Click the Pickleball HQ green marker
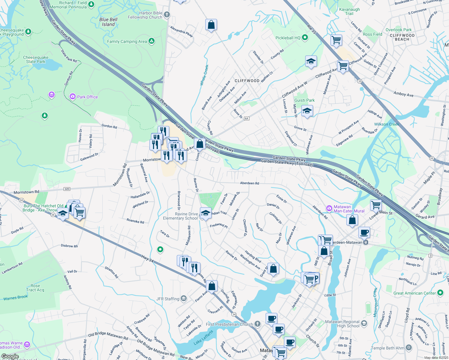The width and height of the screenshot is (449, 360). tap(305, 38)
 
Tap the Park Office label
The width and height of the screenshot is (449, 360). tap(87, 97)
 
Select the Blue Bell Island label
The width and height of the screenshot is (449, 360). tap(108, 22)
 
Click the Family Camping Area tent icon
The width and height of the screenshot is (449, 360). tap(152, 41)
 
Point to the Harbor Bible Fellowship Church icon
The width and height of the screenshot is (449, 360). tap(167, 14)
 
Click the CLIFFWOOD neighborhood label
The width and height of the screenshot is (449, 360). tap(247, 81)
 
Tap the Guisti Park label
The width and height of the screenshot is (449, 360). tap(304, 100)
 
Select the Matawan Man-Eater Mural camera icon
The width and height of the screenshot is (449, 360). tap(329, 208)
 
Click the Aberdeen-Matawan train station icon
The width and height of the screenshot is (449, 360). tap(366, 242)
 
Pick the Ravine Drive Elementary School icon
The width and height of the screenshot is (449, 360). tap(206, 214)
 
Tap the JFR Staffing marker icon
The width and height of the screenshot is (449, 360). tap(184, 298)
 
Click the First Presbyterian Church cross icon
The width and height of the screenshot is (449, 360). tap(258, 324)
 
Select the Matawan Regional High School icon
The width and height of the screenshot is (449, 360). tap(364, 323)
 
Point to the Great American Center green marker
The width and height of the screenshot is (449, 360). tap(440, 292)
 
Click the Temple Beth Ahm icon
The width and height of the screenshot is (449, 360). tap(409, 348)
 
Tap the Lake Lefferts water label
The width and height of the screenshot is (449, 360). tap(203, 337)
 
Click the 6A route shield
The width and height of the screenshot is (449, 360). tap(247, 118)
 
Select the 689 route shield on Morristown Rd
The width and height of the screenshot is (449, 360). tap(67, 189)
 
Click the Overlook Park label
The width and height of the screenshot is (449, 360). tap(399, 30)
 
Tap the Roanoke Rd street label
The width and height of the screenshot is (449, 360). tap(135, 221)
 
